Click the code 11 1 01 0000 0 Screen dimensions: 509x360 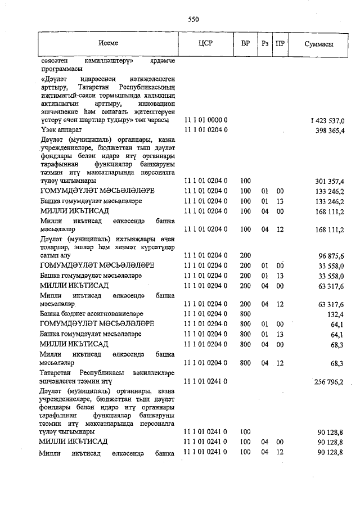click(x=206, y=120)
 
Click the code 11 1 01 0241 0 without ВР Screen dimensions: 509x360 click(x=206, y=381)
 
